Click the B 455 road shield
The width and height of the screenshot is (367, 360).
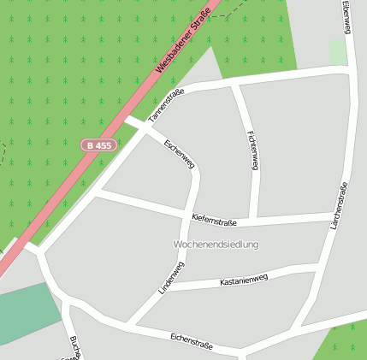98,145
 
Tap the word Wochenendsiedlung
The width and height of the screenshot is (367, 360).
216,245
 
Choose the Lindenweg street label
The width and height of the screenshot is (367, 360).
172,278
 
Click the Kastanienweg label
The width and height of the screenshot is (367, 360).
244,279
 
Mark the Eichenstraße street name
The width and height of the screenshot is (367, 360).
191,342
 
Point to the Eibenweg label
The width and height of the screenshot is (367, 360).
346,17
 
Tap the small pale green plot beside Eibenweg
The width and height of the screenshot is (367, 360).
339,52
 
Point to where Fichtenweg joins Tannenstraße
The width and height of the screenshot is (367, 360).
235,85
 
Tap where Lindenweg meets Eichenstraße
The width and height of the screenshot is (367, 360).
130,324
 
